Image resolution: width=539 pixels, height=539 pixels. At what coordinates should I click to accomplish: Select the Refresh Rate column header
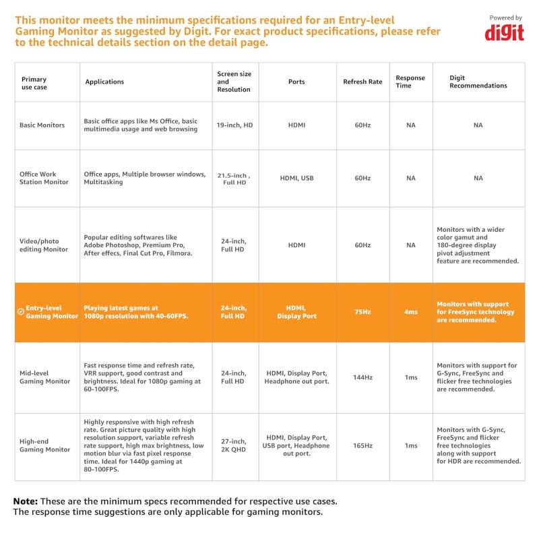362,82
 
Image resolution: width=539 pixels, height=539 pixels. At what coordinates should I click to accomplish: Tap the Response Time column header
410,82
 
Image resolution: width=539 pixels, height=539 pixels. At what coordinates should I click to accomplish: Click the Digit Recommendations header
478,82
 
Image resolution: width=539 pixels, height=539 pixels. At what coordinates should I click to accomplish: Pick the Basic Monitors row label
42,125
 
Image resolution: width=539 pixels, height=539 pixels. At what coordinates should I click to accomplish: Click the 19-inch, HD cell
234,125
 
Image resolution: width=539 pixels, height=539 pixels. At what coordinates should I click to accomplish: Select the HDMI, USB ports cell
296,179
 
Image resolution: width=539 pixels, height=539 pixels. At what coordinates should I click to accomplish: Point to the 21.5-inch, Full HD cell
234,179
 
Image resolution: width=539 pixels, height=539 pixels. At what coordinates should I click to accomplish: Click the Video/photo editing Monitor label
44,245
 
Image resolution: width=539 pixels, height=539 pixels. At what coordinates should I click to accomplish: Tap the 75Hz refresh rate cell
362,312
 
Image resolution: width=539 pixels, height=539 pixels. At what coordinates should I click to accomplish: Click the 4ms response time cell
410,312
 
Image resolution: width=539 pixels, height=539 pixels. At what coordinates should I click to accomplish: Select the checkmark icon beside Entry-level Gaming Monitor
21,312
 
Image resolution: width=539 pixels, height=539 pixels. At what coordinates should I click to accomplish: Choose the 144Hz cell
362,377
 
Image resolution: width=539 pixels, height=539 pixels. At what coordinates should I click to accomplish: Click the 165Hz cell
362,445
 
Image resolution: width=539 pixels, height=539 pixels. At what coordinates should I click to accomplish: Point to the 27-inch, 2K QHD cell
234,445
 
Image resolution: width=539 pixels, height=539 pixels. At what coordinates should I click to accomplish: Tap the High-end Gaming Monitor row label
44,445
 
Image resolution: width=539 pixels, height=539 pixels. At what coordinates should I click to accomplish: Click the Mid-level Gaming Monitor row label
44,377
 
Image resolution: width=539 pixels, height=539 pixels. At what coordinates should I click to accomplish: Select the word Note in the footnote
26,501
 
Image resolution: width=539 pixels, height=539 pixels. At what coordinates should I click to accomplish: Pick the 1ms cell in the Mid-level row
410,377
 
